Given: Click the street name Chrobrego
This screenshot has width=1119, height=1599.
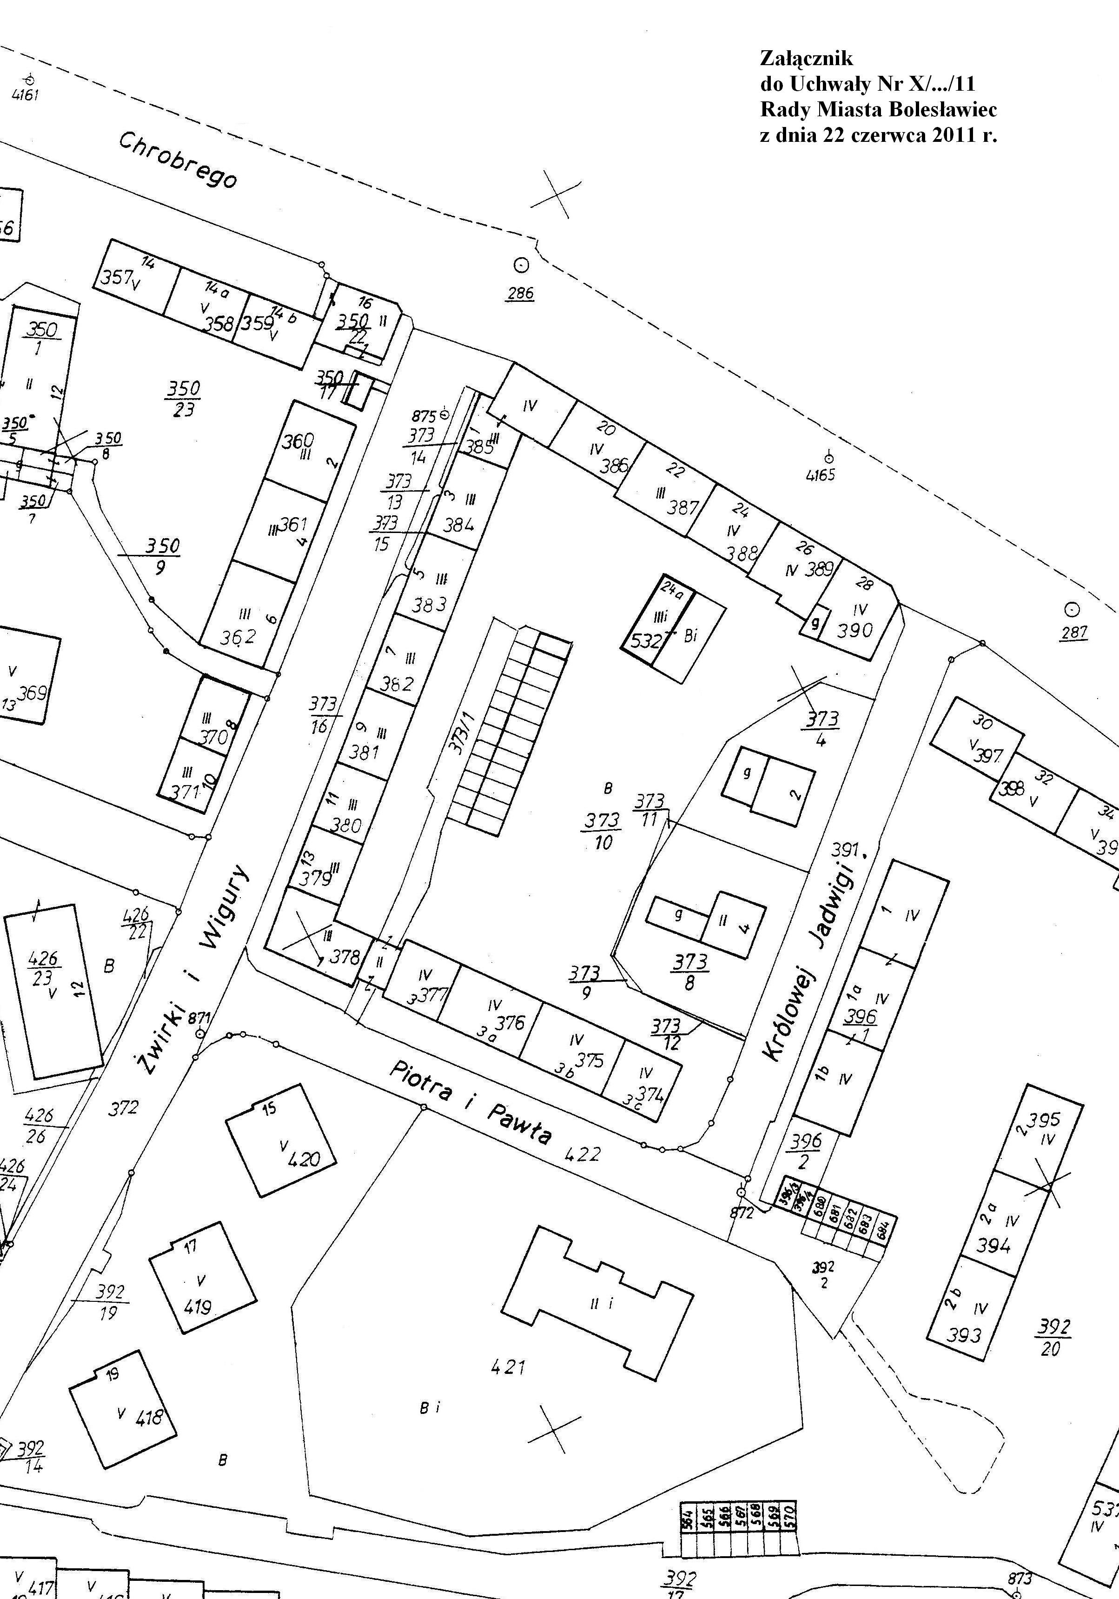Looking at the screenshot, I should click(x=178, y=160).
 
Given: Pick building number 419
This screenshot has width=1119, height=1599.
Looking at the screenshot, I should click(x=198, y=1307).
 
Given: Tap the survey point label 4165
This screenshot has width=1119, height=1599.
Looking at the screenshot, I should click(x=820, y=476).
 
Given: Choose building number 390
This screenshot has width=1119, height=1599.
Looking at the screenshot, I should click(x=854, y=630).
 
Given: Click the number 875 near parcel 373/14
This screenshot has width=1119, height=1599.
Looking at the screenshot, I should click(x=424, y=416).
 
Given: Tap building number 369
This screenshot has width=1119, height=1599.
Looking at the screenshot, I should click(x=32, y=693).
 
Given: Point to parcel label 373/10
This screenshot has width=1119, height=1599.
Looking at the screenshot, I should click(x=603, y=831).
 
